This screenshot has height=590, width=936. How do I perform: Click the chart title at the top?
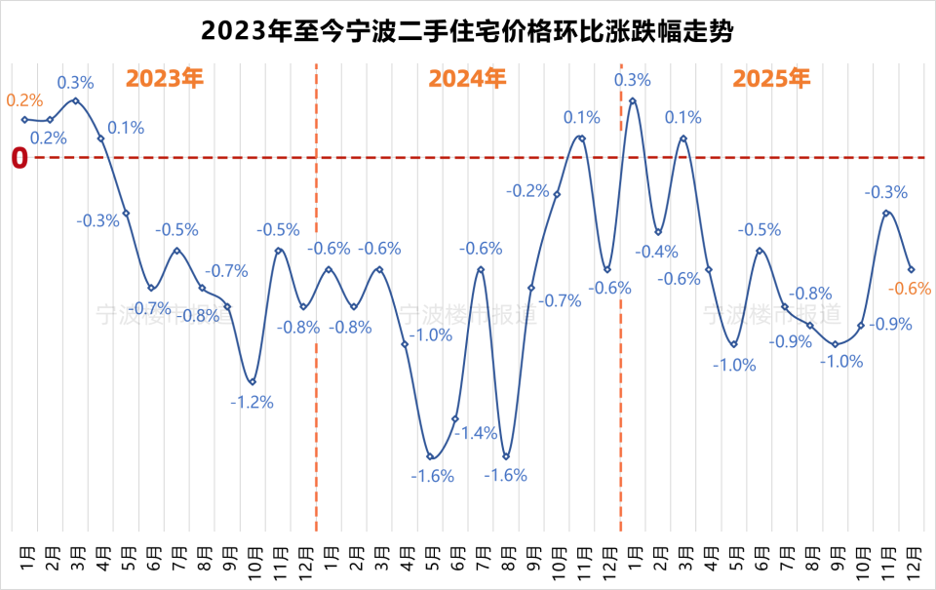tap(467, 30)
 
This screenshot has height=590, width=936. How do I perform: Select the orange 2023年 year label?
tap(165, 79)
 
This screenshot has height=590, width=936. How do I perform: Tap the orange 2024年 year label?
tap(468, 79)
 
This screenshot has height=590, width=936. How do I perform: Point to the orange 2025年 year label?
tap(771, 79)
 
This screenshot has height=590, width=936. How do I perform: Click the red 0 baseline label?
tap(19, 158)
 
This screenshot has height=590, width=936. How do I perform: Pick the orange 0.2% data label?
tap(25, 100)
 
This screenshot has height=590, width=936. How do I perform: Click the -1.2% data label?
tap(253, 401)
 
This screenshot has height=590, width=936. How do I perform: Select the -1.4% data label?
tap(479, 433)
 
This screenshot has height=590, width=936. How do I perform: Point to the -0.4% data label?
tap(655, 252)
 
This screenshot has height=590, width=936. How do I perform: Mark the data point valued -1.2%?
tap(253, 381)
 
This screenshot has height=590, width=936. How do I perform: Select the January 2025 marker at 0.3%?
tap(633, 100)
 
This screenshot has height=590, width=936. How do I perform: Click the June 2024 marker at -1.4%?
tap(455, 419)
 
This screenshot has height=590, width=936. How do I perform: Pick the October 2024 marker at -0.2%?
tap(557, 194)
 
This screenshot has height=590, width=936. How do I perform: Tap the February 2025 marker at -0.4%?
tap(658, 232)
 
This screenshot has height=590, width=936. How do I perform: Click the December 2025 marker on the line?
tap(911, 269)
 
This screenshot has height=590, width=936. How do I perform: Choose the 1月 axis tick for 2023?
tap(25, 560)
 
